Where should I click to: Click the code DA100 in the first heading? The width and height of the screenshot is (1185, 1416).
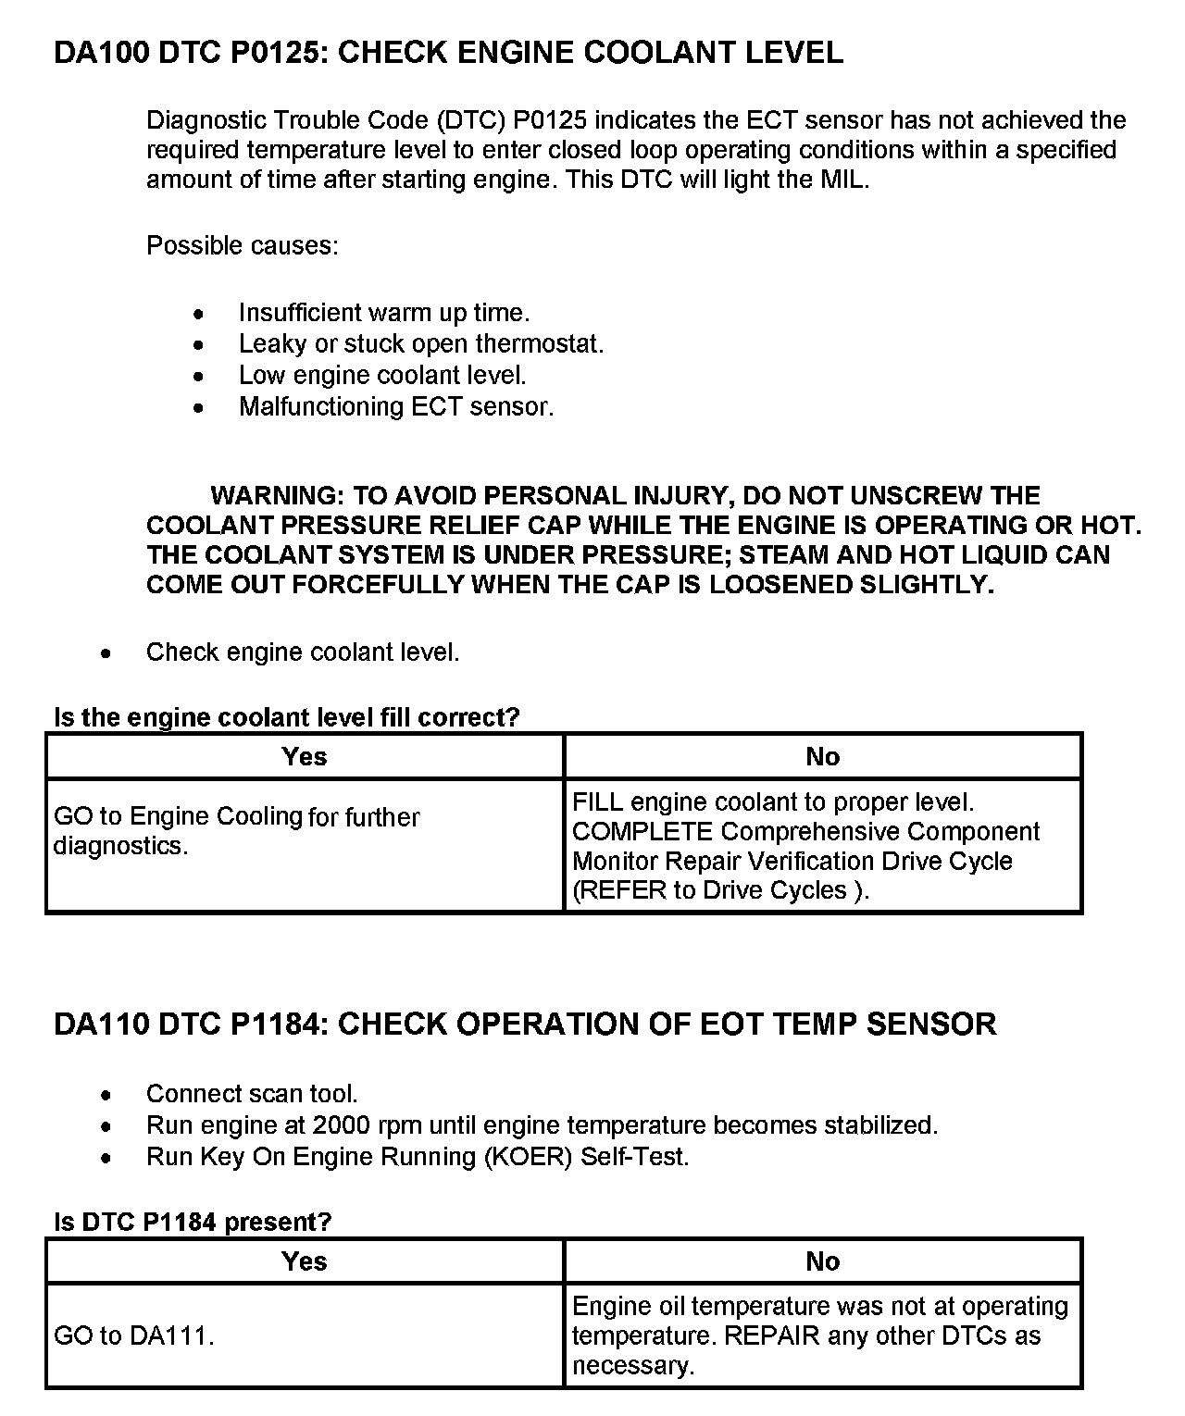(x=102, y=53)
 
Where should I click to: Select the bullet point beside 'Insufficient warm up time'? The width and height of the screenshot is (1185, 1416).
(x=198, y=314)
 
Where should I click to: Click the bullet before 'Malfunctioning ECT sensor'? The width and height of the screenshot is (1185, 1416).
(x=198, y=407)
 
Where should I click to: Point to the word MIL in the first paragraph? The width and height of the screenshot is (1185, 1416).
(x=843, y=180)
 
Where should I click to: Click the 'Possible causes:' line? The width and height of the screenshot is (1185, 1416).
(x=243, y=246)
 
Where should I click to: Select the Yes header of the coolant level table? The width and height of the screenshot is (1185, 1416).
(x=305, y=757)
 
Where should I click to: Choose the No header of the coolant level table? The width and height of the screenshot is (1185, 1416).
(x=822, y=757)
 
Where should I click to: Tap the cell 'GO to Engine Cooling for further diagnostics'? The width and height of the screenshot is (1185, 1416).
(x=237, y=831)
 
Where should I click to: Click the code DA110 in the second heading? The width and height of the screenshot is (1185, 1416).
(x=102, y=1025)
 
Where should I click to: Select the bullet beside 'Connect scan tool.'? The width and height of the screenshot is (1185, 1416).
(x=108, y=1095)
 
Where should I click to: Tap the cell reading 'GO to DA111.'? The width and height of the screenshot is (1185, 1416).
(x=134, y=1335)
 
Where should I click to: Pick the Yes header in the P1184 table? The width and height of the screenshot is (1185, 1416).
(x=305, y=1261)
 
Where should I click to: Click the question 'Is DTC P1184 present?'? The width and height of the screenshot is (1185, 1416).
(x=193, y=1222)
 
